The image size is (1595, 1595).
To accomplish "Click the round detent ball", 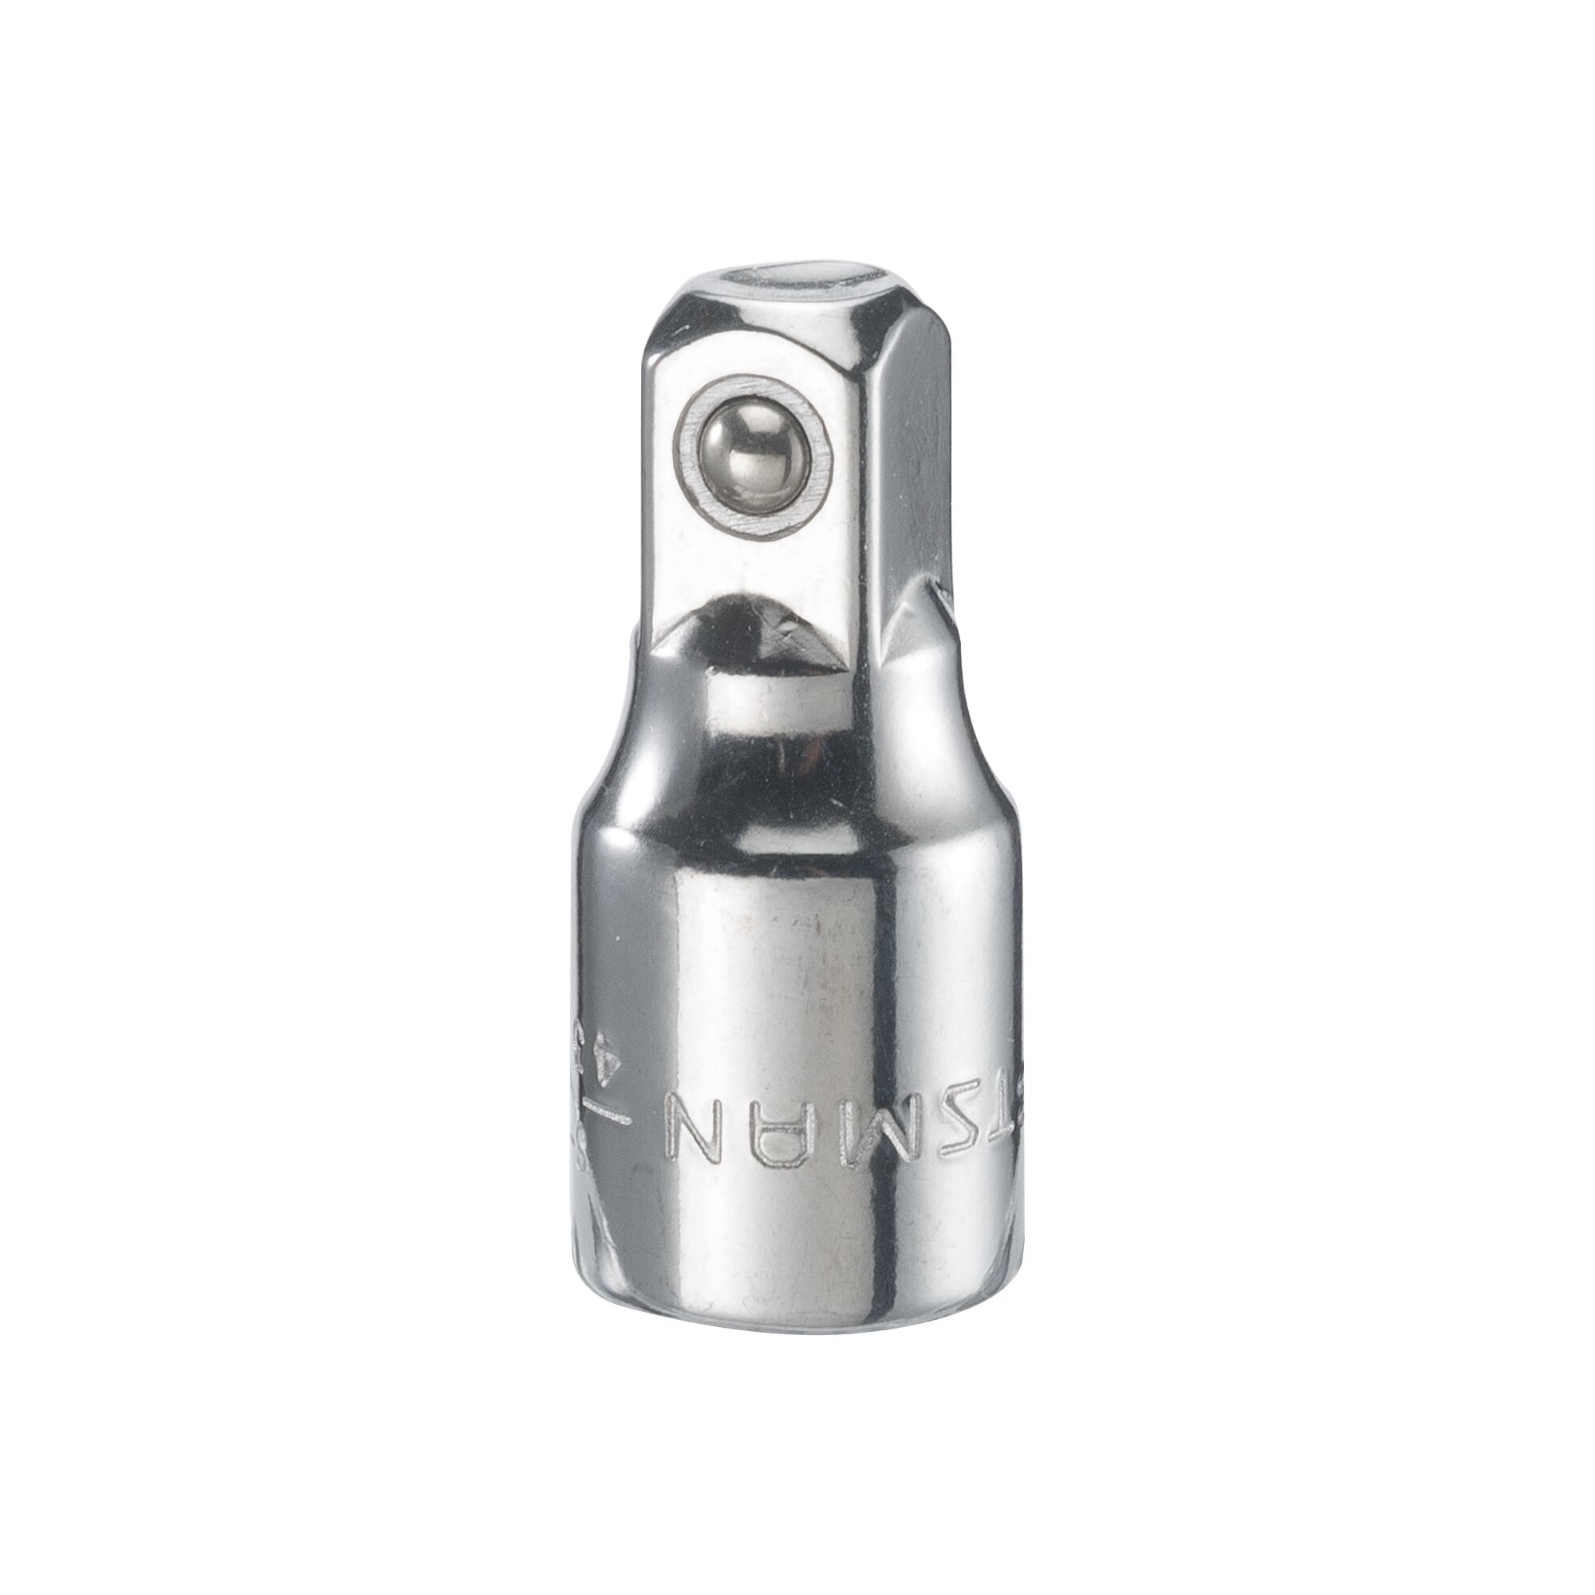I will (750, 462).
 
